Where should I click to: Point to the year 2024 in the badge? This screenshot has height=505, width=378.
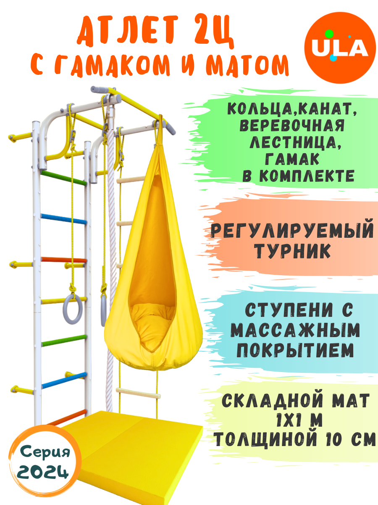44,472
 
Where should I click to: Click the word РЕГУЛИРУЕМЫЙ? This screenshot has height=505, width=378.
292,231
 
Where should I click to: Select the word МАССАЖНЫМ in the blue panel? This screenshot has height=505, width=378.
296,331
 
